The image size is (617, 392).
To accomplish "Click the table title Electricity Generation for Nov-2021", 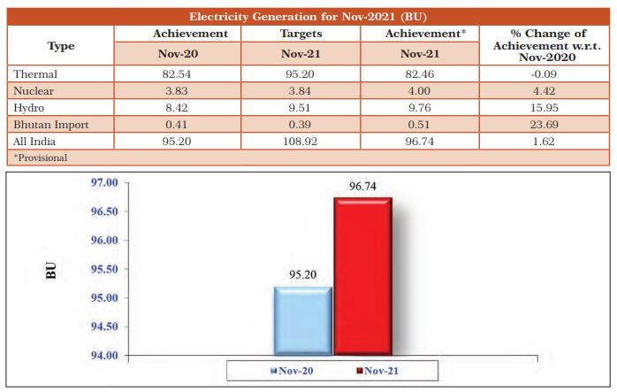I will tap(308, 16).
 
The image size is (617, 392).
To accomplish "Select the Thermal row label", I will tap(34, 73).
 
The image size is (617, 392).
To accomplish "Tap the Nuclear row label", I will tap(33, 90).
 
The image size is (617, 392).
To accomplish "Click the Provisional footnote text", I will tap(41, 157).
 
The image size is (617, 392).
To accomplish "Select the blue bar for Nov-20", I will tap(302, 320).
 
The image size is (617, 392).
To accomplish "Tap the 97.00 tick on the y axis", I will tap(103, 182).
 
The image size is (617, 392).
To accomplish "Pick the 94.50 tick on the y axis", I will tap(103, 327).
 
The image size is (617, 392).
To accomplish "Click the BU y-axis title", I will tap(50, 270).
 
